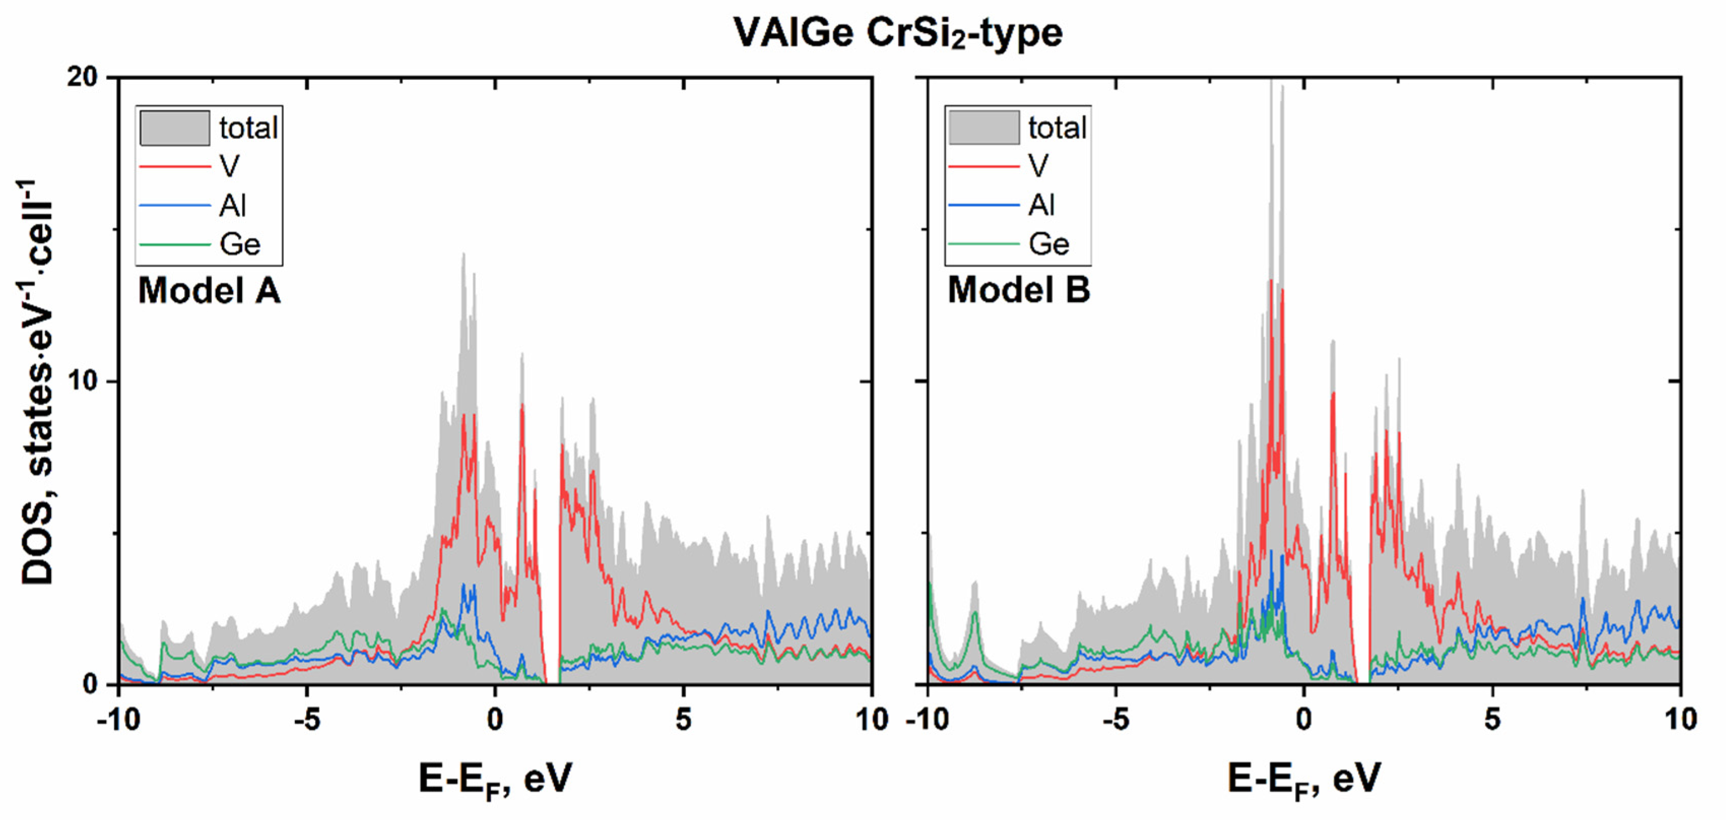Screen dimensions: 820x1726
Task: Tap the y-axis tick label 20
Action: (82, 77)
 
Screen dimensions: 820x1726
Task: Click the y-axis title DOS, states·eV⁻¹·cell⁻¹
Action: (37, 382)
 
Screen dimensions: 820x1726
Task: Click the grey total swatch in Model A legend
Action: (174, 128)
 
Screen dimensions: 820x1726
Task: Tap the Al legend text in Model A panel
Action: (233, 205)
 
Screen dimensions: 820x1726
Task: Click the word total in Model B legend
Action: (1057, 128)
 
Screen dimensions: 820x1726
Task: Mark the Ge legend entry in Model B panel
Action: (1049, 244)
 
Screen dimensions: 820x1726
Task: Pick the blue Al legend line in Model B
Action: (984, 205)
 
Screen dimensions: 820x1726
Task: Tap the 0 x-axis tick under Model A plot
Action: (494, 720)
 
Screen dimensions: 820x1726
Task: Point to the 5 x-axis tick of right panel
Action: (1492, 720)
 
